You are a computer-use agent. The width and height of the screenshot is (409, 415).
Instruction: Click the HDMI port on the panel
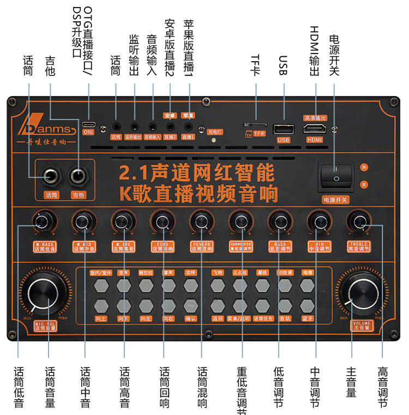[x=316, y=129]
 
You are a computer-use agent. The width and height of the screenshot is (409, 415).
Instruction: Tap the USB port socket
[x=284, y=129]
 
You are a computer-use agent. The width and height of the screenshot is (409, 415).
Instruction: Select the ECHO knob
[x=161, y=221]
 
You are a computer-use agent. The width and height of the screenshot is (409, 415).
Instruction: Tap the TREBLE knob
[x=358, y=221]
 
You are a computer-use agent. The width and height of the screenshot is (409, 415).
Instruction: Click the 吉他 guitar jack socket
[x=80, y=176]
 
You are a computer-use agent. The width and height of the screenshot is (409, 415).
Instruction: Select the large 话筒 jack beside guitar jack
[x=51, y=176]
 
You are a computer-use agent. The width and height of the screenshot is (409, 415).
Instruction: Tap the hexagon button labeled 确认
[x=190, y=305]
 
